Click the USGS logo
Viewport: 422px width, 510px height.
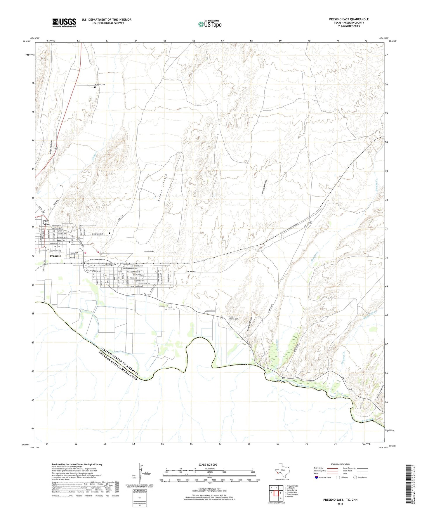64,22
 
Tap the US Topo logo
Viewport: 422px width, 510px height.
210,24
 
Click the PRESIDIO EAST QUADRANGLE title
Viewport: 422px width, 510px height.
349,19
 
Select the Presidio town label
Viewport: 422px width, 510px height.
55,256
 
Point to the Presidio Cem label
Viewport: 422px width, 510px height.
100,84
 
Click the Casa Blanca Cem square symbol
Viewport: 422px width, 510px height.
229,321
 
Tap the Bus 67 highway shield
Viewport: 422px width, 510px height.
46,222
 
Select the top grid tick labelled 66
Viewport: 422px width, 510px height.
194,41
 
